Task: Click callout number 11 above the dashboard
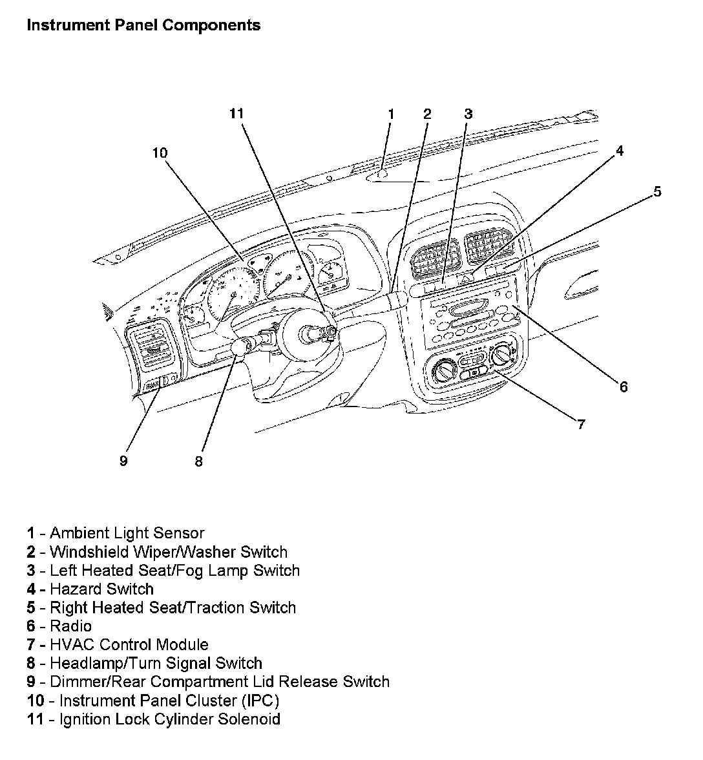coord(236,114)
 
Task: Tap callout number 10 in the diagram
coord(160,153)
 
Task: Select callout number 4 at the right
coord(620,151)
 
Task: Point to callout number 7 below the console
coord(581,425)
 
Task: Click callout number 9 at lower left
coord(123,461)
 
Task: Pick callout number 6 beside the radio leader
coord(624,387)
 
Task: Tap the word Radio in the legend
coord(70,626)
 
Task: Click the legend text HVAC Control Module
coord(129,644)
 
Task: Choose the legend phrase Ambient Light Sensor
coord(127,533)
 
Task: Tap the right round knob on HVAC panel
coord(501,355)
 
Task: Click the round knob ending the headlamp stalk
coord(241,348)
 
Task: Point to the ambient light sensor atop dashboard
coord(382,173)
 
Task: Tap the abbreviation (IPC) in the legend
coord(258,701)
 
